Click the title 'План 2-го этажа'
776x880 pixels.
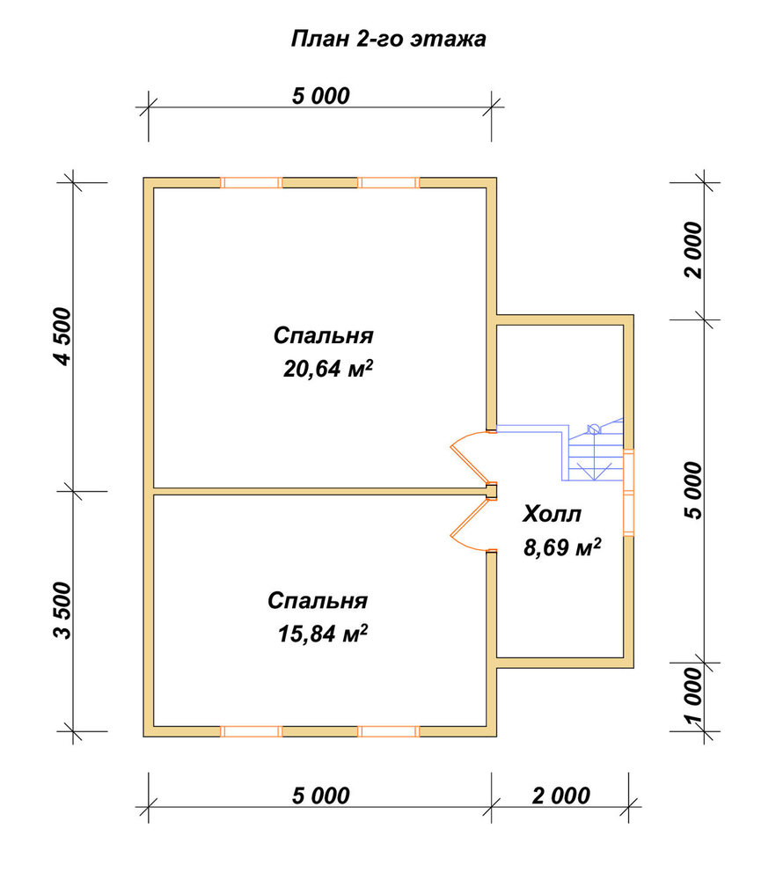tap(388, 40)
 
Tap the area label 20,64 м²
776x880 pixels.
tap(328, 369)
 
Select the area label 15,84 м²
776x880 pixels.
tap(323, 634)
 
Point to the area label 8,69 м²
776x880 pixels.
tap(562, 546)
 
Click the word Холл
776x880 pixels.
tap(553, 514)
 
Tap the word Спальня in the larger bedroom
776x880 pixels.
tap(323, 335)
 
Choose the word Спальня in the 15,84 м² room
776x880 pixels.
tap(318, 600)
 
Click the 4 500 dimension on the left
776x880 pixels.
tap(65, 336)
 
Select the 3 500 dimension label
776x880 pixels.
tap(64, 610)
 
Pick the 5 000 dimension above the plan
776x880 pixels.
tap(321, 96)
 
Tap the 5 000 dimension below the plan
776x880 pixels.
tap(321, 796)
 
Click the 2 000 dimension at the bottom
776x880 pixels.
tap(561, 796)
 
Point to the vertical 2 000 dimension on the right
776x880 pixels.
tap(694, 250)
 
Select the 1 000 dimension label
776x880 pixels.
tap(694, 695)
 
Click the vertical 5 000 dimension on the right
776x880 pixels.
tap(694, 490)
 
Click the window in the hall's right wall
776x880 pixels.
tap(629, 492)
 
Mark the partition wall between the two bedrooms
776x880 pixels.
tap(320, 492)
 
